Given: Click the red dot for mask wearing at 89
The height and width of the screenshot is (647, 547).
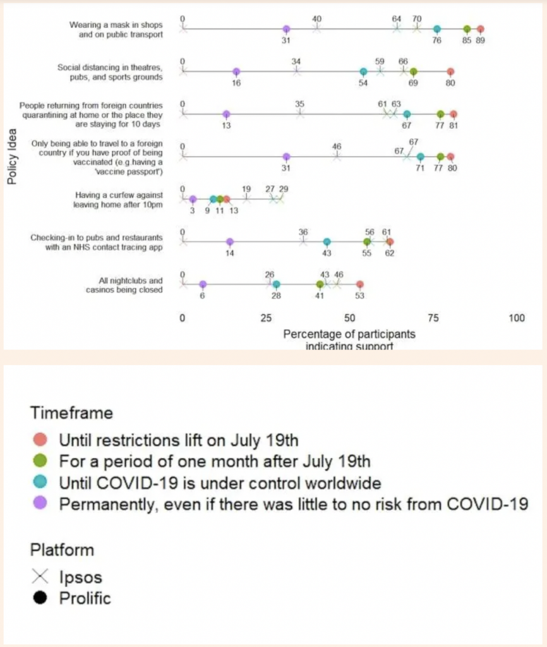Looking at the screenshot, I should click(480, 29).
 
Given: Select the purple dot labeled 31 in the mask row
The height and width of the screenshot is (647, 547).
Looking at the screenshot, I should click(286, 29).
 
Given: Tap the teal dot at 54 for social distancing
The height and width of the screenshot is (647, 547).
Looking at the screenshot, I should click(363, 71).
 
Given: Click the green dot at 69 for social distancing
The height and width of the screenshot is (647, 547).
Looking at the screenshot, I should click(413, 71).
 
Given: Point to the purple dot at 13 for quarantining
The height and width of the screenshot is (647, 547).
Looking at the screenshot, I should click(226, 114).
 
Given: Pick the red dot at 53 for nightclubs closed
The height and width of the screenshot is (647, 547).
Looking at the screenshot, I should click(359, 284).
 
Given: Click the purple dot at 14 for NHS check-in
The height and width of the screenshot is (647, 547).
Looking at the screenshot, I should click(230, 241).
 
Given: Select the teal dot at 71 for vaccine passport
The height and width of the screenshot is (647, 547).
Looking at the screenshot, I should click(420, 157).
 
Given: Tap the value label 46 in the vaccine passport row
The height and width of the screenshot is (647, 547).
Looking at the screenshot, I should click(337, 146).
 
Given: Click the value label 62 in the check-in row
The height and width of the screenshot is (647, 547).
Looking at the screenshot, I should click(390, 253).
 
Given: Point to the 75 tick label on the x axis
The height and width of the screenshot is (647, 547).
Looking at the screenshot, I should click(433, 318).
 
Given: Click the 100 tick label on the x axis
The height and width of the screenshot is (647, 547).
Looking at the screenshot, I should click(516, 318).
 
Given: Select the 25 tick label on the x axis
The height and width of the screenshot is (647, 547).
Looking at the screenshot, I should click(266, 318).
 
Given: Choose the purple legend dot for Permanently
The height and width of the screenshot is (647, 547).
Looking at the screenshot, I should click(40, 504).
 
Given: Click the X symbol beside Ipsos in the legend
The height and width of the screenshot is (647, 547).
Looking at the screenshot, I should click(40, 576).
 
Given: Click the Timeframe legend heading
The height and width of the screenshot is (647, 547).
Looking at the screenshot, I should click(71, 413).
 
